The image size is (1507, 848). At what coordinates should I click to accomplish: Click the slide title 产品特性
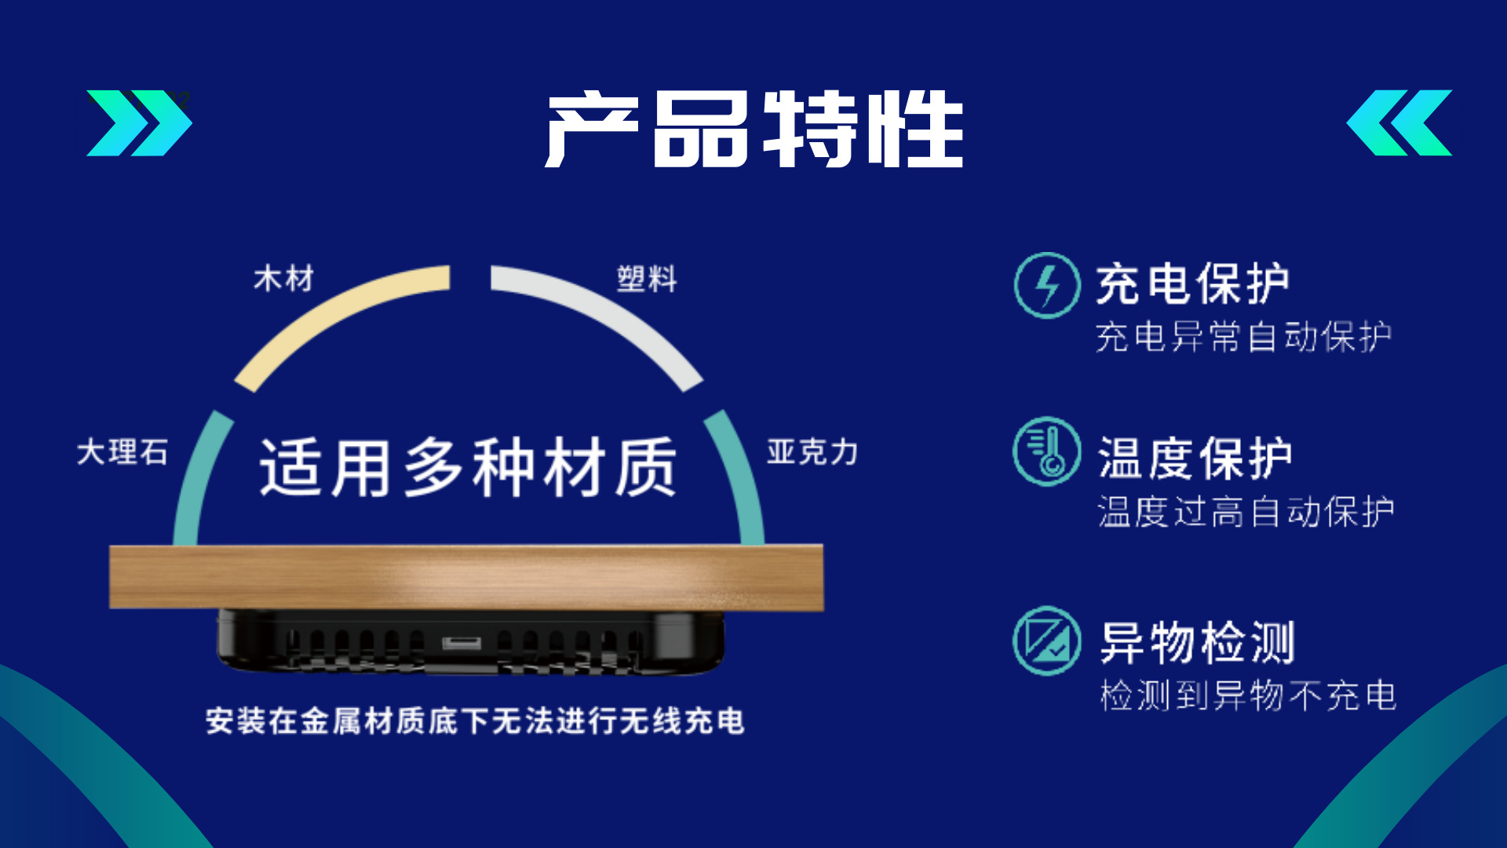point(754,130)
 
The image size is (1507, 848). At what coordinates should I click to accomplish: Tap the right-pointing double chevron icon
point(139,122)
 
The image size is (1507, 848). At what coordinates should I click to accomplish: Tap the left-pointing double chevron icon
point(1399,122)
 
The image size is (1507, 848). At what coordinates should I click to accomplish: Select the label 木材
point(283,279)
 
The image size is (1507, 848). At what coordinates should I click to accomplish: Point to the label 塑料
point(647,279)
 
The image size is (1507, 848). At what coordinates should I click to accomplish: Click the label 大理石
point(122,452)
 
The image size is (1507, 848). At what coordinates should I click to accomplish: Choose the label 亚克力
point(812,452)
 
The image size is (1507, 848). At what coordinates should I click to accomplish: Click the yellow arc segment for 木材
point(330,314)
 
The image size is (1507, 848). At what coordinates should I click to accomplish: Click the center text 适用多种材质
point(468,467)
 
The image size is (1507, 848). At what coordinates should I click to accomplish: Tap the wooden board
point(466,577)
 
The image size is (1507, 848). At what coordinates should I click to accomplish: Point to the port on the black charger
point(462,644)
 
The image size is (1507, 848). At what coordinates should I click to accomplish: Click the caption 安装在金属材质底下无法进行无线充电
point(475,721)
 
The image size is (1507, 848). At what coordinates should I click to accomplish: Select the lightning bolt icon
point(1047,285)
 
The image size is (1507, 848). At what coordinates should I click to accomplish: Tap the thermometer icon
point(1047,451)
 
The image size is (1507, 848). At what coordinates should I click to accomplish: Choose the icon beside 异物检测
point(1047,641)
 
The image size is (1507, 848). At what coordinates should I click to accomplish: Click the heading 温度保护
point(1195,459)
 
